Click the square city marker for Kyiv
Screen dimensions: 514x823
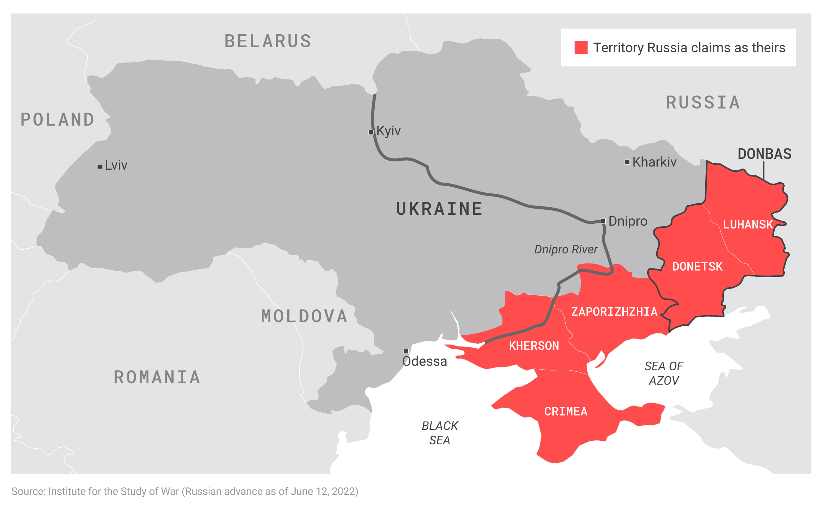(x=371, y=132)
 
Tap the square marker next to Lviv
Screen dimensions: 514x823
(x=100, y=166)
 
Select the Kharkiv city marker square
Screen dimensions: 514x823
(x=627, y=162)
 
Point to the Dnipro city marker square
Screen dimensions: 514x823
(x=603, y=221)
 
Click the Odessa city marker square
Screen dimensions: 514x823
(x=406, y=351)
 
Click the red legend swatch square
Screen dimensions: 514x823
(x=581, y=47)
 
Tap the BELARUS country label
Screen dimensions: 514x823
(x=268, y=41)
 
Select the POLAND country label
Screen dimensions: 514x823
(x=57, y=120)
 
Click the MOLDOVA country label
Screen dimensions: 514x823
(x=304, y=317)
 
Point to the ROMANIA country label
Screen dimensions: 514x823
(x=157, y=378)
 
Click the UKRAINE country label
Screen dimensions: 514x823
(x=439, y=209)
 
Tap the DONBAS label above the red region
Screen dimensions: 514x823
(x=765, y=154)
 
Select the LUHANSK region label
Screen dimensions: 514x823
(x=748, y=225)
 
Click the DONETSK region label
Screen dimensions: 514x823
(x=697, y=267)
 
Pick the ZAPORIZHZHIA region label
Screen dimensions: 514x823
(x=614, y=312)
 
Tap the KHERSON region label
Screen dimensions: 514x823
(x=534, y=346)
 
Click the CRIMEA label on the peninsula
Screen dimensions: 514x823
(x=566, y=411)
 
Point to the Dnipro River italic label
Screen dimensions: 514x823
(x=566, y=249)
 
